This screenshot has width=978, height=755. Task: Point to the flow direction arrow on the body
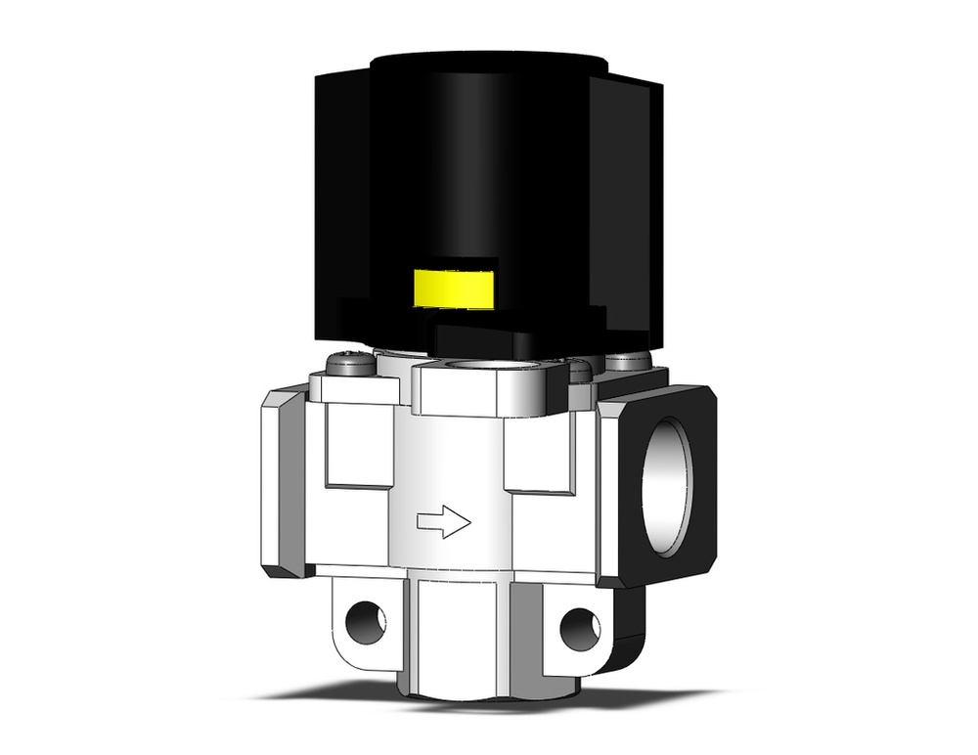444,521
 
